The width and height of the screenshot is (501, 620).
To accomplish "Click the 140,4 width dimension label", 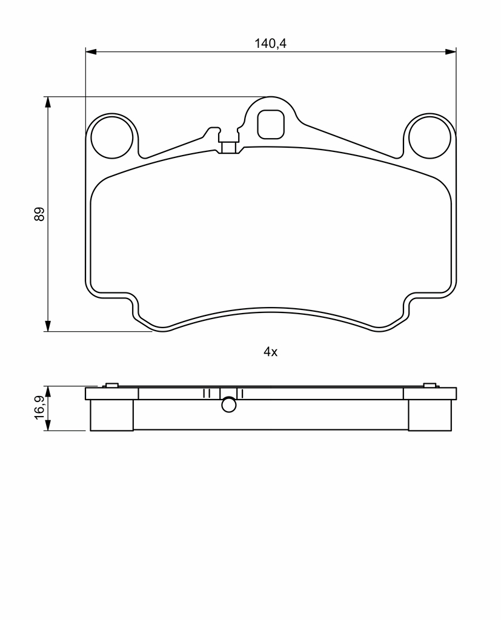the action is pyautogui.click(x=270, y=43).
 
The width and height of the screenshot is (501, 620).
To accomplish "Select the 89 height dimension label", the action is pyautogui.click(x=39, y=214).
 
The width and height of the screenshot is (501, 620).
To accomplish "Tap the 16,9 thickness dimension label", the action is pyautogui.click(x=39, y=407).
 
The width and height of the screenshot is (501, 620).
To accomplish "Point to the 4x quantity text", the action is pyautogui.click(x=271, y=352).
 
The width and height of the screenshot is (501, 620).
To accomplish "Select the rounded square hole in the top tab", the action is pyautogui.click(x=271, y=124).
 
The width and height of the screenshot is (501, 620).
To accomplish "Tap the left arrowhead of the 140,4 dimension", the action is pyautogui.click(x=91, y=51).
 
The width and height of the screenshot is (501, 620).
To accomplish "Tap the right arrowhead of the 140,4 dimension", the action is pyautogui.click(x=451, y=51).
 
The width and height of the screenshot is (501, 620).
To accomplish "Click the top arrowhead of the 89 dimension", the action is pyautogui.click(x=48, y=102).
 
